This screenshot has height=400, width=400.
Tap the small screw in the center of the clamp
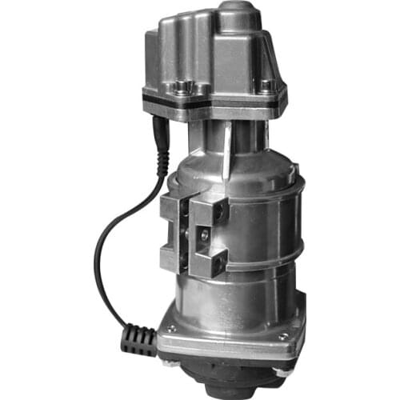click(x=204, y=233)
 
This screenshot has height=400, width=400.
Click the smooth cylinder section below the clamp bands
click(x=240, y=300)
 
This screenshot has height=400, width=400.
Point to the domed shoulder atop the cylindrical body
click(x=256, y=164)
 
